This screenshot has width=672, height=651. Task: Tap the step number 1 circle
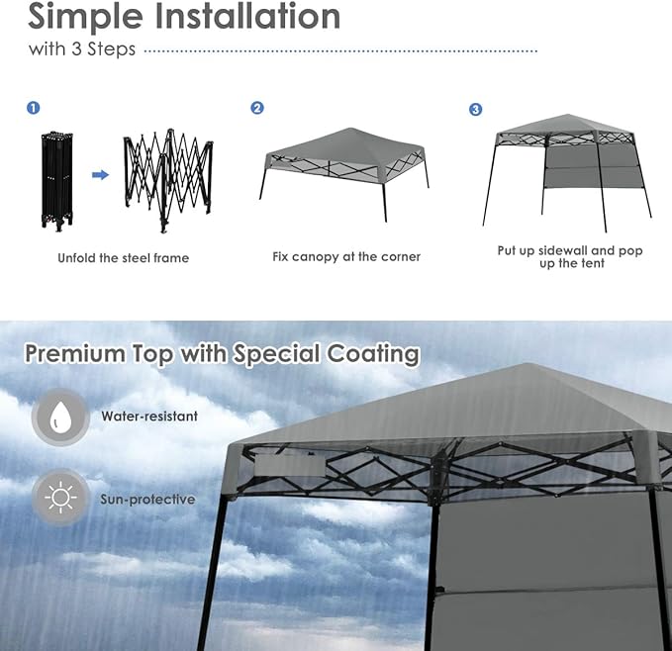[34, 108]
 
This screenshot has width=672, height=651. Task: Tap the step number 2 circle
[257, 108]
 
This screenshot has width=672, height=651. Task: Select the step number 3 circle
[475, 109]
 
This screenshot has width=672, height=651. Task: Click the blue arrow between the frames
[100, 175]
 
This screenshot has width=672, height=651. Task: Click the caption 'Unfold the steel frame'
[123, 258]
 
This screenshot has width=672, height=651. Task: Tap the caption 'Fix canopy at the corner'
[346, 257]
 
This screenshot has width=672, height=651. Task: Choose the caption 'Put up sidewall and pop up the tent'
[570, 257]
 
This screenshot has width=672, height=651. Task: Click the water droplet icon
[61, 417]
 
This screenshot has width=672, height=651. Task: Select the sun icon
[61, 498]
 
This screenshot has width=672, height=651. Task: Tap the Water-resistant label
[149, 417]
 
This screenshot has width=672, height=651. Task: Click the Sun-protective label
[147, 500]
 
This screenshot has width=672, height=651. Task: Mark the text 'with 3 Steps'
[82, 49]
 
